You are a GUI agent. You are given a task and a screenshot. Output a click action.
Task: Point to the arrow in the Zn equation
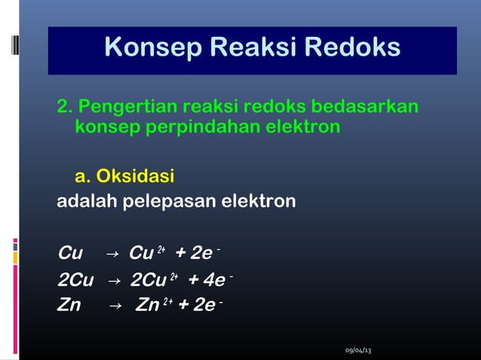115,307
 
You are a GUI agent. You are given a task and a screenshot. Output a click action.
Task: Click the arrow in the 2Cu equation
114,281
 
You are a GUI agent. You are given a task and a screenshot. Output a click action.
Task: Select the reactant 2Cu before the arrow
75,281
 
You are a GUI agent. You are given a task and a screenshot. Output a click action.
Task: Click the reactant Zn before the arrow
69,307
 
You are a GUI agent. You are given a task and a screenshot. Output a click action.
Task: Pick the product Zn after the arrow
147,307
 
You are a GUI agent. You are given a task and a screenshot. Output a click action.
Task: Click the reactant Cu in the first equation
70,252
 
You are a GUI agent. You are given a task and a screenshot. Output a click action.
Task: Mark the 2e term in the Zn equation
202,307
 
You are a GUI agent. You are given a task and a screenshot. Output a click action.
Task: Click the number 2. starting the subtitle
65,105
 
